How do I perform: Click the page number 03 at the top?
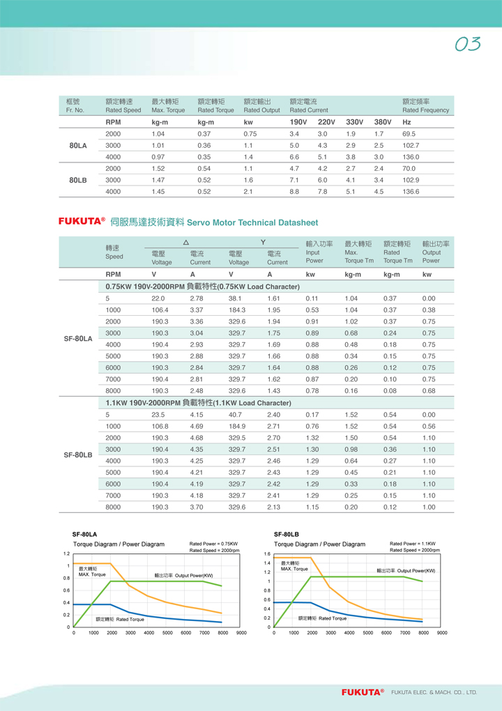(x=468, y=44)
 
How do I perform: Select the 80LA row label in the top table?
(x=78, y=146)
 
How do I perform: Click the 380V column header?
(x=383, y=122)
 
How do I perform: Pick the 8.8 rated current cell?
(x=294, y=191)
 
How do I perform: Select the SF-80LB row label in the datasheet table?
(x=78, y=454)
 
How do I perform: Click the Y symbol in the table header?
(x=263, y=242)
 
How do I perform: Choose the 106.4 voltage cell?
(x=160, y=309)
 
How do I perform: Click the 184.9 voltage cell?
(x=237, y=426)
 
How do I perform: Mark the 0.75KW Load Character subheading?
(x=202, y=286)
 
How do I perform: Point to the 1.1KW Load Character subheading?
(x=198, y=403)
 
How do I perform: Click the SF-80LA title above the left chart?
(x=84, y=535)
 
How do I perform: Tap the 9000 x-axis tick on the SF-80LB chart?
(x=442, y=633)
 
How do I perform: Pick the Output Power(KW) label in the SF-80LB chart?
(x=406, y=570)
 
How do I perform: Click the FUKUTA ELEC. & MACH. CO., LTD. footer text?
(x=434, y=692)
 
